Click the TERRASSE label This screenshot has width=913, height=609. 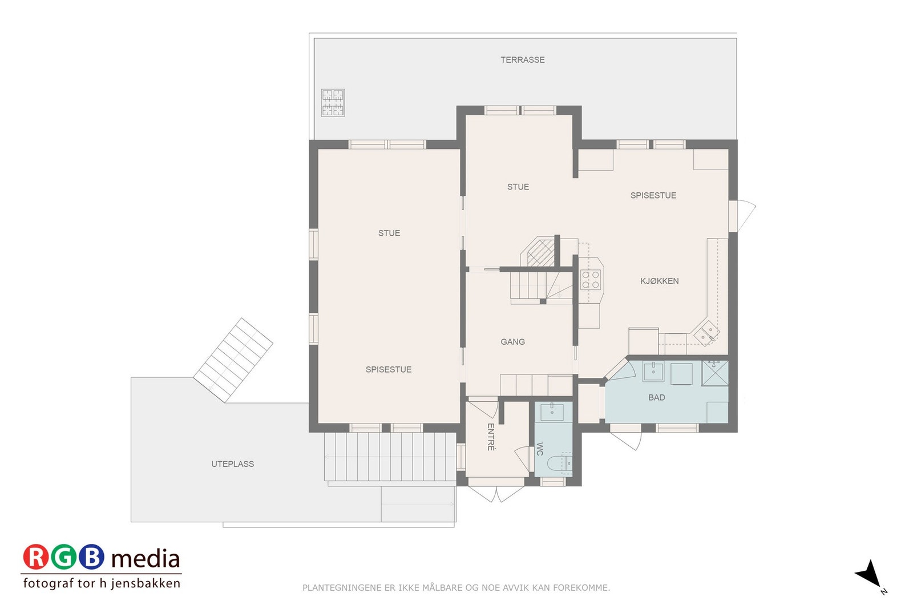(522, 60)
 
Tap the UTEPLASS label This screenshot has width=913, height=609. (232, 464)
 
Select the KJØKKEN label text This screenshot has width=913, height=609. (659, 281)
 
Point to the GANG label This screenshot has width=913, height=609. (512, 342)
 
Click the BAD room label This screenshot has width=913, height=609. (656, 397)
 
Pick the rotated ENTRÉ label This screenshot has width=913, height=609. (491, 437)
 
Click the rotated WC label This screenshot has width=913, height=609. (539, 449)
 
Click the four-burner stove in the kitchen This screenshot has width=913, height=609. (590, 280)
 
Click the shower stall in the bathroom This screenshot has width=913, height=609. (714, 373)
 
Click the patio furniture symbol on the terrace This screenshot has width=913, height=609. (333, 103)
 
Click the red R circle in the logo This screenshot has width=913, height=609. (36, 557)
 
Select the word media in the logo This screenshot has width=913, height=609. (146, 559)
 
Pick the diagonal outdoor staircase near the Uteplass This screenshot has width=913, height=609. (233, 360)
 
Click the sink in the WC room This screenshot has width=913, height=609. (552, 412)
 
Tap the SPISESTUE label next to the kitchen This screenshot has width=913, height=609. (653, 195)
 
